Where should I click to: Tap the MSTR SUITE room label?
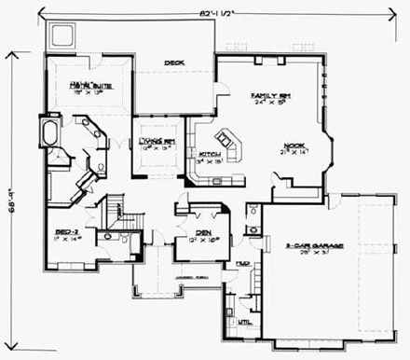(89, 87)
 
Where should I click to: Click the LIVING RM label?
(157, 141)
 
